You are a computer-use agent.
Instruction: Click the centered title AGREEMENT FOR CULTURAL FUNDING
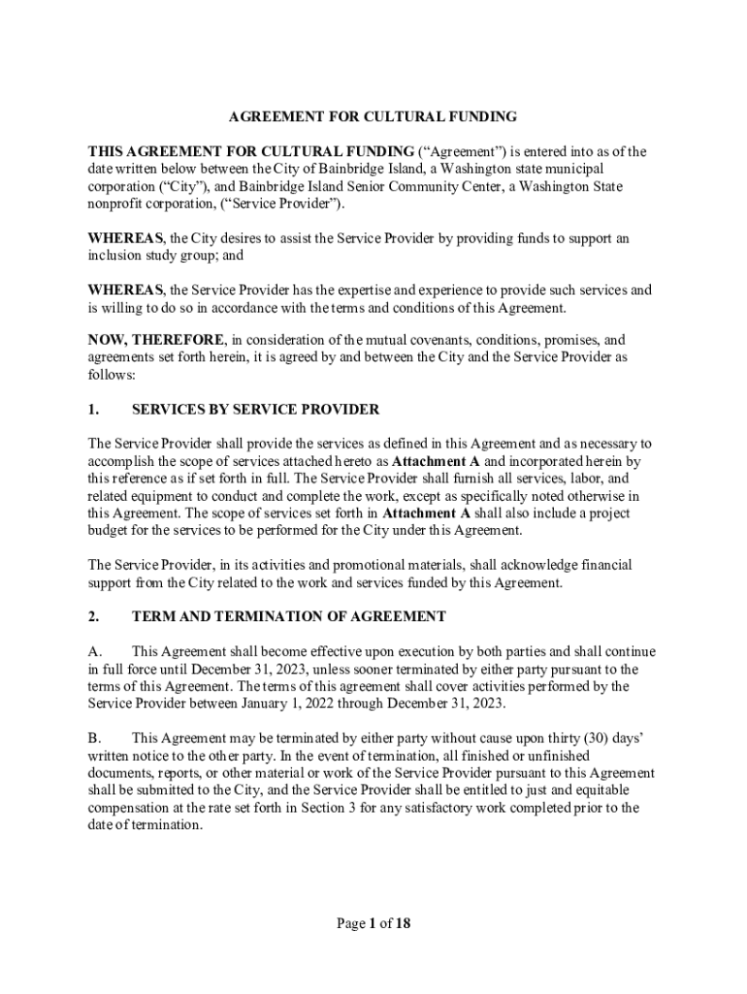[x=373, y=117]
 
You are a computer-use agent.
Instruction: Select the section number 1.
[x=93, y=410]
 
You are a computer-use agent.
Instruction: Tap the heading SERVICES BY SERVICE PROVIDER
[x=255, y=410]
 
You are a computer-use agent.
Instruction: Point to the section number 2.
[x=93, y=616]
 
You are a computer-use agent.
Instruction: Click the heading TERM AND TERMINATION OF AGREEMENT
[x=289, y=616]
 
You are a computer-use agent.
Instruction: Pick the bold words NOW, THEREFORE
[x=157, y=341]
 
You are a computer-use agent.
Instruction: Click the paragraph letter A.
[x=94, y=651]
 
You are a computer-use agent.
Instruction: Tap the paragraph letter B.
[x=94, y=739]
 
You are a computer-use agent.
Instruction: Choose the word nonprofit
[x=117, y=204]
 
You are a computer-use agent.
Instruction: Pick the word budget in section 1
[x=109, y=530]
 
